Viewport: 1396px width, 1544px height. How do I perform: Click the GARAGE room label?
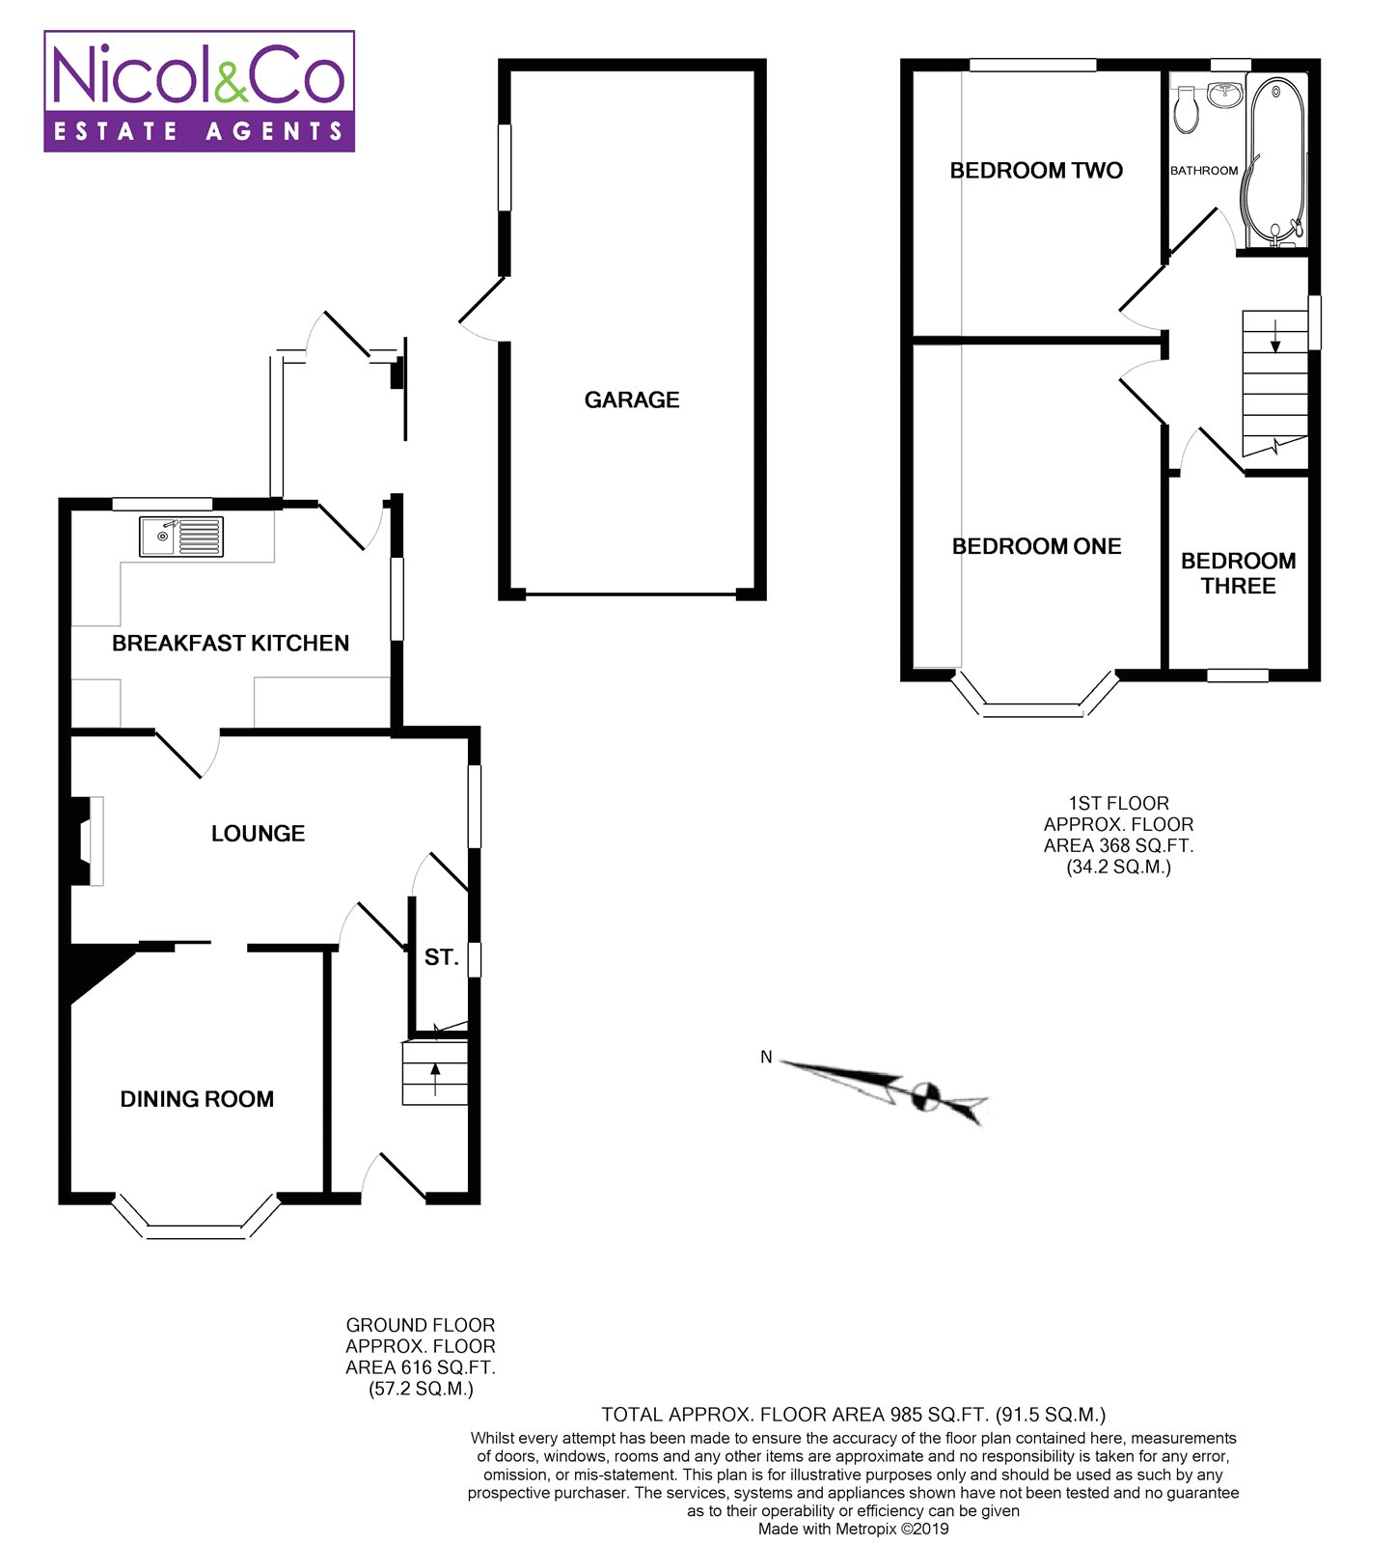click(x=632, y=400)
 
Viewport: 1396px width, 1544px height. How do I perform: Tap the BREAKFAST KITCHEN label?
click(x=231, y=644)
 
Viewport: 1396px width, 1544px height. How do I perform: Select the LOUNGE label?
click(x=258, y=834)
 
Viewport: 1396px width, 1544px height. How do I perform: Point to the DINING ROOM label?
click(x=197, y=1099)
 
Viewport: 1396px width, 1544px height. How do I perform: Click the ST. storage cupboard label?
click(x=441, y=957)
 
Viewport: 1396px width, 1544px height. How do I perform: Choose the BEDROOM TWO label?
click(x=1036, y=171)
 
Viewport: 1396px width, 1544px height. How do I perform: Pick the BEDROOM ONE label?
click(x=1036, y=546)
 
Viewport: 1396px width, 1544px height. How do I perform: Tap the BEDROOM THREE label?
click(x=1238, y=573)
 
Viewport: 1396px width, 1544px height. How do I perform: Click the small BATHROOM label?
click(x=1204, y=171)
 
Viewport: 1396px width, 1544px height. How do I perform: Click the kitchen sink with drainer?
click(x=181, y=537)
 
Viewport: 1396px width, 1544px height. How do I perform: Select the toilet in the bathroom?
click(x=1187, y=109)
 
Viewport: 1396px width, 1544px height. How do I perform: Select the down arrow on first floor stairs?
click(x=1275, y=334)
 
